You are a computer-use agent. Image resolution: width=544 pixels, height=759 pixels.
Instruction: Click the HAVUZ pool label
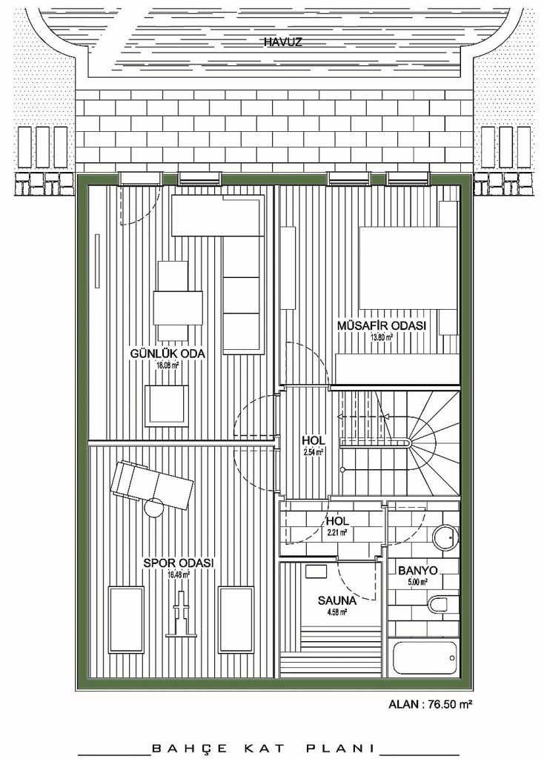[282, 42]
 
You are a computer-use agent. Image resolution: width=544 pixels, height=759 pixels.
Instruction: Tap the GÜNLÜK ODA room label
[167, 354]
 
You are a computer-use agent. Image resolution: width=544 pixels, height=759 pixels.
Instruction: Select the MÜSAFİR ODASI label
[382, 326]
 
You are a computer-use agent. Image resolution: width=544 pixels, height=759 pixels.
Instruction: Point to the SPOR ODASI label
[179, 563]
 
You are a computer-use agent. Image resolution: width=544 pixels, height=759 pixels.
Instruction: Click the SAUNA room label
[337, 601]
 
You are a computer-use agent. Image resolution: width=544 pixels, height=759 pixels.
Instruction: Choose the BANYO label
[418, 571]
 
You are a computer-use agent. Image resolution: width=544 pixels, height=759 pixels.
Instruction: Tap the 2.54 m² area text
[313, 452]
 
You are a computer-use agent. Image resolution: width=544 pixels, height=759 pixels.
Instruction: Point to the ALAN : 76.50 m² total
[431, 704]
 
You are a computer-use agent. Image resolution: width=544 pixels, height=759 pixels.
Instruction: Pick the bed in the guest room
[408, 267]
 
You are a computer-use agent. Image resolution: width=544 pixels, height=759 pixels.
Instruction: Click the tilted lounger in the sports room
[152, 485]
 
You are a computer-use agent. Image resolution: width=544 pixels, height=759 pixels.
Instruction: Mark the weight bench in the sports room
[182, 612]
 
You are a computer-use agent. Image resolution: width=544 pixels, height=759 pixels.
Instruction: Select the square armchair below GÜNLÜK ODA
[167, 405]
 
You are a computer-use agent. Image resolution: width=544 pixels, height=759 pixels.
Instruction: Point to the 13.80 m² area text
[382, 337]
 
